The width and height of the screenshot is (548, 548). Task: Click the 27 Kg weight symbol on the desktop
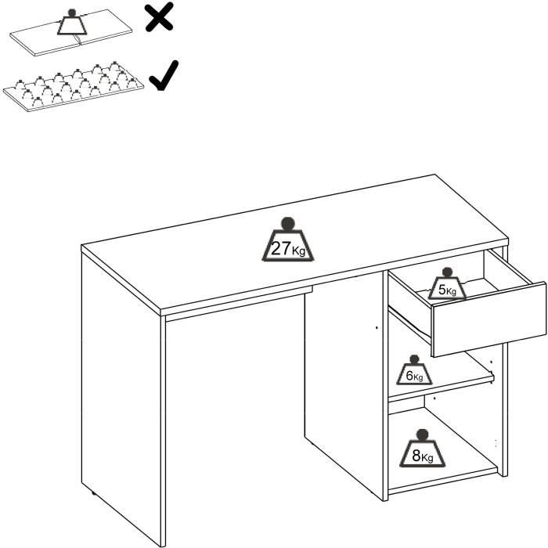click(x=286, y=242)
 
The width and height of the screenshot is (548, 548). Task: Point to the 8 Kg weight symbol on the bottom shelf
click(x=422, y=449)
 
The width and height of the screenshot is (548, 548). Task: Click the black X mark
click(x=160, y=16)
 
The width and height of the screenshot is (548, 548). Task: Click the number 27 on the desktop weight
click(x=280, y=249)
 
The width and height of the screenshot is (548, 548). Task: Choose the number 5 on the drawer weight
click(x=442, y=290)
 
